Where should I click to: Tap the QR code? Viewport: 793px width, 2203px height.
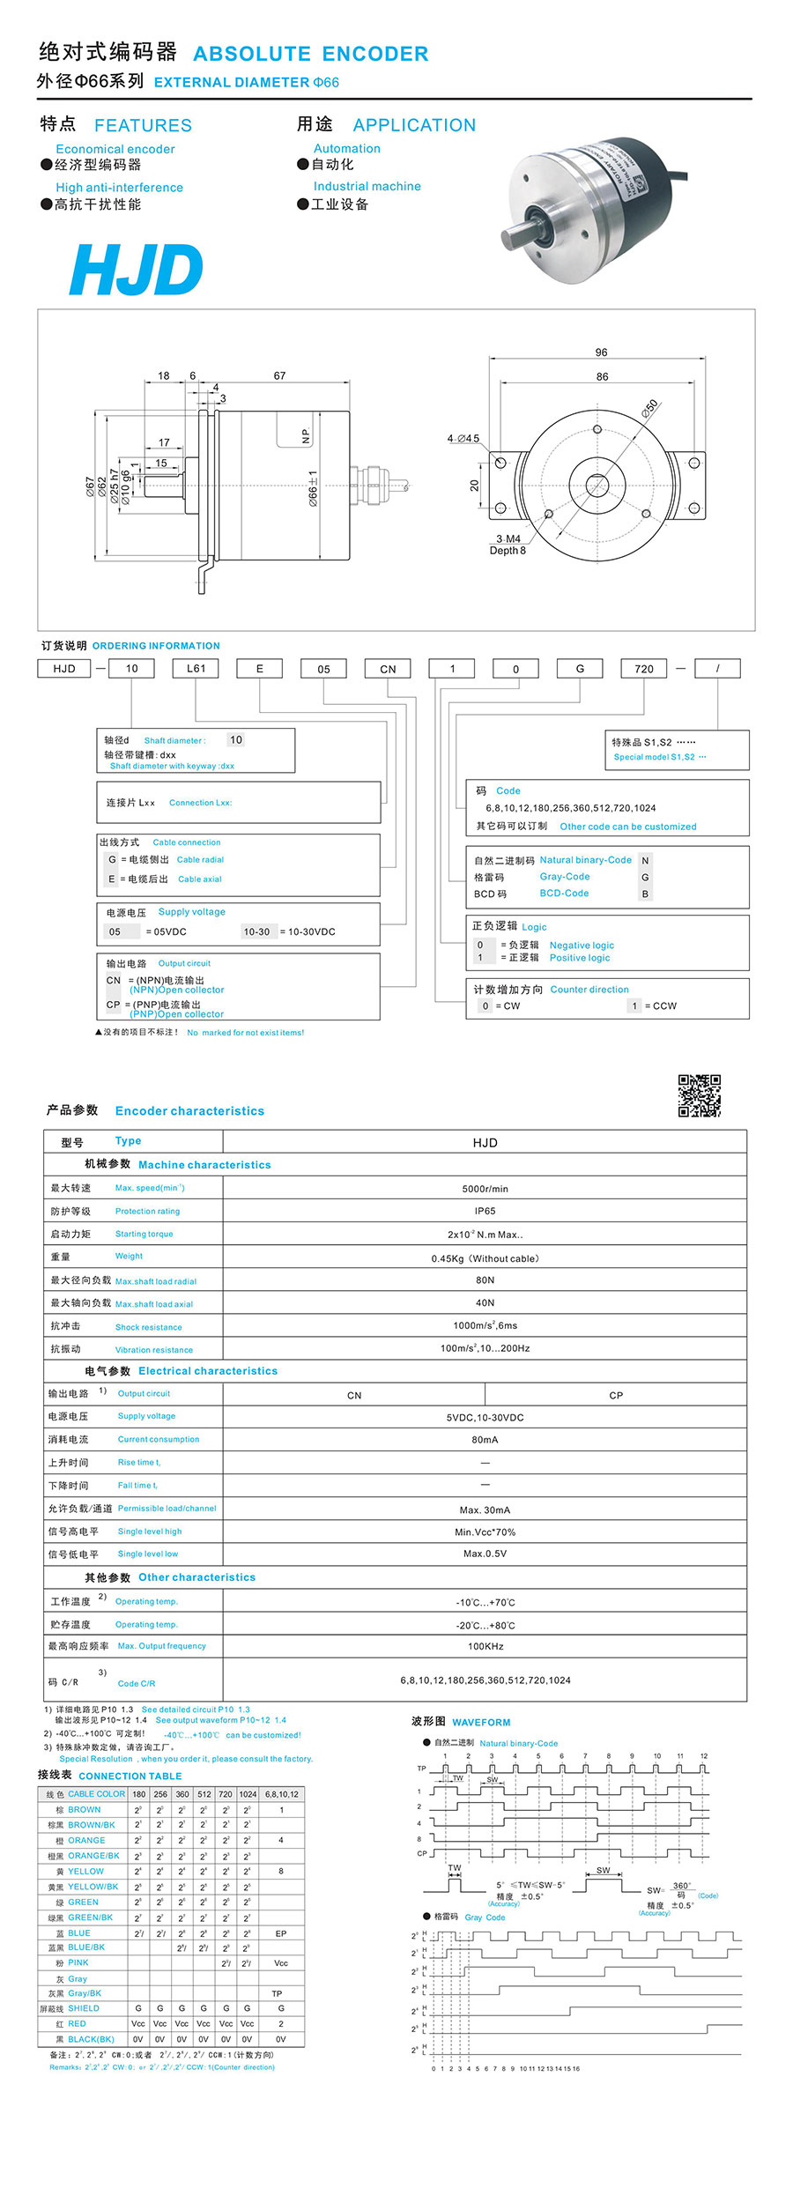click(x=699, y=1095)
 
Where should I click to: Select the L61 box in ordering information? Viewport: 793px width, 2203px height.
click(x=196, y=669)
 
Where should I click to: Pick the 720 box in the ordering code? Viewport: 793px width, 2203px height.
click(x=644, y=669)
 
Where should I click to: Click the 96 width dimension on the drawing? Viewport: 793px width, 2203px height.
click(x=601, y=352)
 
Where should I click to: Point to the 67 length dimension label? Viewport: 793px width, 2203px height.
click(x=279, y=376)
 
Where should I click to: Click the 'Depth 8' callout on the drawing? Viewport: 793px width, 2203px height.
click(x=508, y=551)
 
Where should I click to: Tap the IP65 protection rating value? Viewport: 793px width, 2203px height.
click(x=485, y=1212)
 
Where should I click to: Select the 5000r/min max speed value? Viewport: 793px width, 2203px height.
click(x=485, y=1189)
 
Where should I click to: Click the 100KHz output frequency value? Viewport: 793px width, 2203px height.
click(x=485, y=1646)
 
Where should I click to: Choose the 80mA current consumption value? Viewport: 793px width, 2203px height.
click(x=485, y=1440)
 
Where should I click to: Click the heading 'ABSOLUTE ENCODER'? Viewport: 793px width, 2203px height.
click(x=311, y=54)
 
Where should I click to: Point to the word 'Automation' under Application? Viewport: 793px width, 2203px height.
click(x=347, y=149)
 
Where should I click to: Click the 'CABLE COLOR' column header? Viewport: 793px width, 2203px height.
click(x=96, y=1794)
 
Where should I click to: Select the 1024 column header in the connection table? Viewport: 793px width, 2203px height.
click(x=248, y=1794)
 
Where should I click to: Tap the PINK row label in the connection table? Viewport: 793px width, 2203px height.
click(x=78, y=1962)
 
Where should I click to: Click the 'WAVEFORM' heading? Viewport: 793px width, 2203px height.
click(x=481, y=1722)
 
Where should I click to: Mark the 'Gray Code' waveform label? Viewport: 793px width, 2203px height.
click(x=485, y=1917)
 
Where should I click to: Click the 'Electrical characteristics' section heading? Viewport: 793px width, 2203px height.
click(x=208, y=1371)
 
